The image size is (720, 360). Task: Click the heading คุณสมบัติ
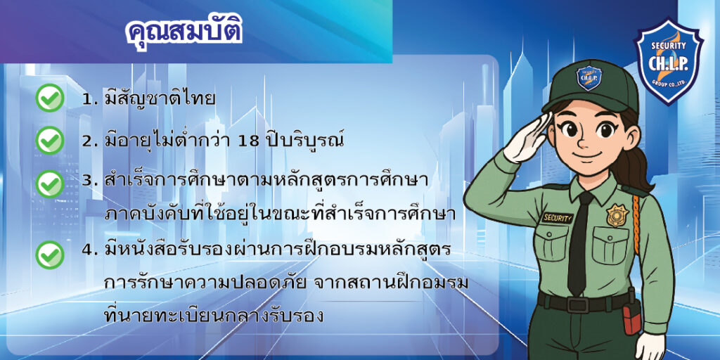(184, 32)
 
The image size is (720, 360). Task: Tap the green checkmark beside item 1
(50, 98)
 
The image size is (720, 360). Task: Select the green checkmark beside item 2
(50, 140)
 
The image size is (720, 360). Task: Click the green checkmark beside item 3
(50, 184)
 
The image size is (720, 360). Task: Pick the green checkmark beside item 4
(50, 255)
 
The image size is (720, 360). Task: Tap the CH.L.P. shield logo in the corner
(668, 61)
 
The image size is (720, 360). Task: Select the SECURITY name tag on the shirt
(558, 217)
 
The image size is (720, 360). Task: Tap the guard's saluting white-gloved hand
(528, 137)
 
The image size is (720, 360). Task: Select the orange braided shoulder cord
(636, 224)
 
